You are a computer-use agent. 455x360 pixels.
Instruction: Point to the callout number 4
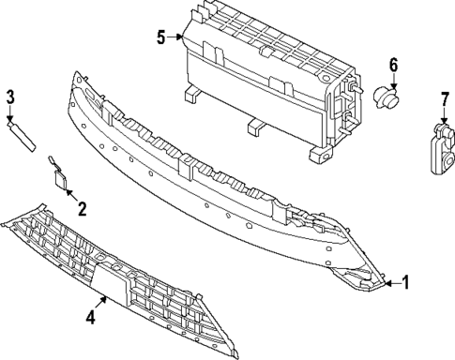pyautogui.click(x=90, y=318)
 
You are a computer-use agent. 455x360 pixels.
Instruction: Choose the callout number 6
pyautogui.click(x=393, y=65)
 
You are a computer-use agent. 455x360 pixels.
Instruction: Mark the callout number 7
pyautogui.click(x=444, y=98)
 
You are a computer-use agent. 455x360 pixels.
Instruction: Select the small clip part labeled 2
pyautogui.click(x=62, y=178)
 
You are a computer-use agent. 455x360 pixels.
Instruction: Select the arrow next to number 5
pyautogui.click(x=177, y=38)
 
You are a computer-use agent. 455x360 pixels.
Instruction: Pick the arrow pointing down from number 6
pyautogui.click(x=392, y=81)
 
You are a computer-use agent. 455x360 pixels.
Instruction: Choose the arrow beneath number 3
pyautogui.click(x=11, y=113)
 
